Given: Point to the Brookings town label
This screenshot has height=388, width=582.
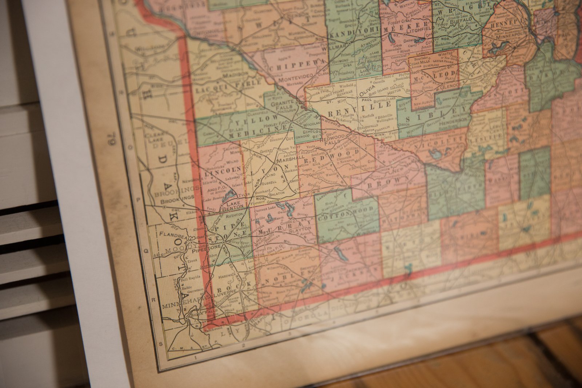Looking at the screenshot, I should click(178, 197).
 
